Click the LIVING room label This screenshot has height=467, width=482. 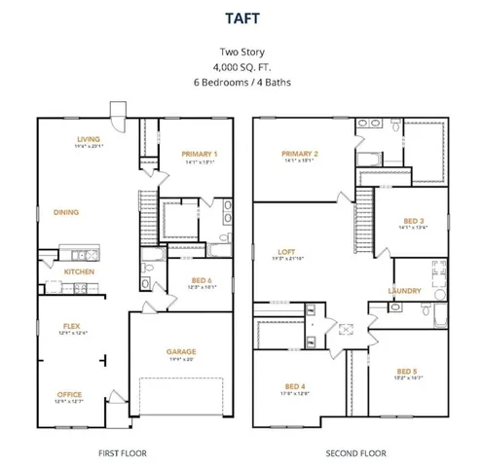[89, 139]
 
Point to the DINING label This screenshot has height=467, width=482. [66, 211]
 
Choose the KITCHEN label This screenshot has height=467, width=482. [79, 271]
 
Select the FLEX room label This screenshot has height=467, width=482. [71, 326]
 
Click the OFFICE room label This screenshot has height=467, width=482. [69, 394]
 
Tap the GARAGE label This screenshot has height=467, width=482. [181, 351]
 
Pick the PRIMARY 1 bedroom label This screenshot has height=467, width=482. [199, 154]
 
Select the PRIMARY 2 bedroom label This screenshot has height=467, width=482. [300, 154]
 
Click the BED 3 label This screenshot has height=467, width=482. [413, 222]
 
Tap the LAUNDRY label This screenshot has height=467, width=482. [404, 290]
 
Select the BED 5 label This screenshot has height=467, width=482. [407, 371]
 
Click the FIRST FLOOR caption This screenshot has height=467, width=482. [125, 453]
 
